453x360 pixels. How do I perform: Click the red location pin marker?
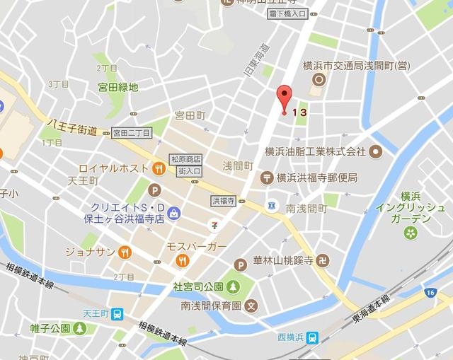pos(284,97)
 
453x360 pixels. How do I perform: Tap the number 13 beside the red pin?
pos(299,111)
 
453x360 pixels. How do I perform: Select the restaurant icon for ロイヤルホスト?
pos(159,168)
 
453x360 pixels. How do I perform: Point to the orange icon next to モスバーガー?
pos(183,260)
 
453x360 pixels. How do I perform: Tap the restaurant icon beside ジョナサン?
pos(124,251)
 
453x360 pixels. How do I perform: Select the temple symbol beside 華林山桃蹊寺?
pos(322,260)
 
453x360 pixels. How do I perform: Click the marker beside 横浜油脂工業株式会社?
pos(375,151)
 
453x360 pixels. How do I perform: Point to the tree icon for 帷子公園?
pos(80,328)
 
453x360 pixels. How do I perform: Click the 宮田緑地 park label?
pos(118,88)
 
